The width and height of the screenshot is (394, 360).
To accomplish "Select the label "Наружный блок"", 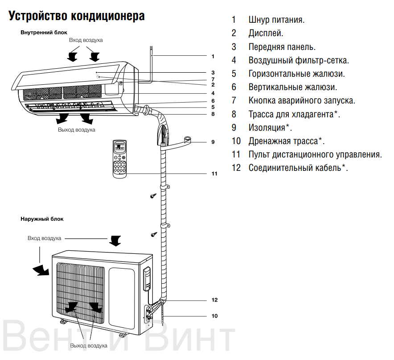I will click(42, 219).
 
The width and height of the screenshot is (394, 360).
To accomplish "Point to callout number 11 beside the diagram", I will click(214, 174).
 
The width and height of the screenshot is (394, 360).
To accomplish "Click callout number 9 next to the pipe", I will click(213, 142).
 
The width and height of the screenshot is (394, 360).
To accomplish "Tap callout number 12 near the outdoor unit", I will click(214, 300).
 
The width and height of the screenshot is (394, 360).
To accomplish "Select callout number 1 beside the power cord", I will click(213, 57).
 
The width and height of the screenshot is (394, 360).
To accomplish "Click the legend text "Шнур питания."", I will click(276, 20).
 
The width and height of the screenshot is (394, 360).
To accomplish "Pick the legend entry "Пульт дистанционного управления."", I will click(315, 155).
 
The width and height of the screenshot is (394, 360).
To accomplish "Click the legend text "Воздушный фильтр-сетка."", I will click(298, 60).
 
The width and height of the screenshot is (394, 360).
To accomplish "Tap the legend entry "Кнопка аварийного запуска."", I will click(302, 101).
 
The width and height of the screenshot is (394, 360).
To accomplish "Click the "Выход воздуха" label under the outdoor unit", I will click(89, 346).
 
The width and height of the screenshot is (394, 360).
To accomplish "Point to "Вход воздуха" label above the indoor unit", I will click(86, 40).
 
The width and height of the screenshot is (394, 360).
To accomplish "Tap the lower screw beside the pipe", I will click(153, 234).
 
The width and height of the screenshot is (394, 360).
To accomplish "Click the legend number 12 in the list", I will click(236, 168).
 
